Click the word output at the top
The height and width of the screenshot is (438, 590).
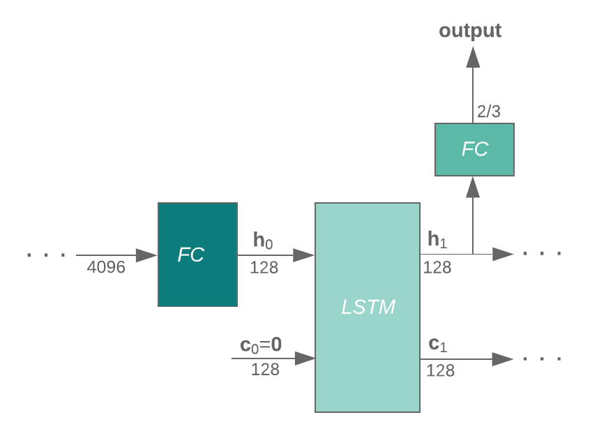tap(470, 31)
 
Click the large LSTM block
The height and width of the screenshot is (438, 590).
tap(368, 308)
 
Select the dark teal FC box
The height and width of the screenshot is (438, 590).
tap(197, 255)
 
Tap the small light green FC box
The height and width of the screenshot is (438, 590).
tap(474, 149)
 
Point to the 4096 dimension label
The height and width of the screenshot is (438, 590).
tap(106, 267)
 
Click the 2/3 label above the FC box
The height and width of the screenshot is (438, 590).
tap(488, 112)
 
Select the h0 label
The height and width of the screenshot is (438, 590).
tap(263, 241)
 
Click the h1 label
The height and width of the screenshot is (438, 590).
tap(437, 241)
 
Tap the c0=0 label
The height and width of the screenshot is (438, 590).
tap(261, 345)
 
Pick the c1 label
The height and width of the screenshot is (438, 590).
tap(437, 344)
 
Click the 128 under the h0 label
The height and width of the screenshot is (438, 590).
tap(264, 267)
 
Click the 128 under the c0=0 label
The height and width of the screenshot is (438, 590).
tap(265, 370)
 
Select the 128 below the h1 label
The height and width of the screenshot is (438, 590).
tap(437, 267)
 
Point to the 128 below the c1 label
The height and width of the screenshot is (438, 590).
tap(440, 370)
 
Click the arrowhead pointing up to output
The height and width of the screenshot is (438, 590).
tap(473, 57)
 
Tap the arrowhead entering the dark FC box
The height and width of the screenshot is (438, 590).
tap(146, 255)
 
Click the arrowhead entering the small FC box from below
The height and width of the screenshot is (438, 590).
tap(473, 186)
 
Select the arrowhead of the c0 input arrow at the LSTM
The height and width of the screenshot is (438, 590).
tap(305, 358)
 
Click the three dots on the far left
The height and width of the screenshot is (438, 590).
tap(46, 255)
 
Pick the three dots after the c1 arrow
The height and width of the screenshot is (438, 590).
tap(542, 359)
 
